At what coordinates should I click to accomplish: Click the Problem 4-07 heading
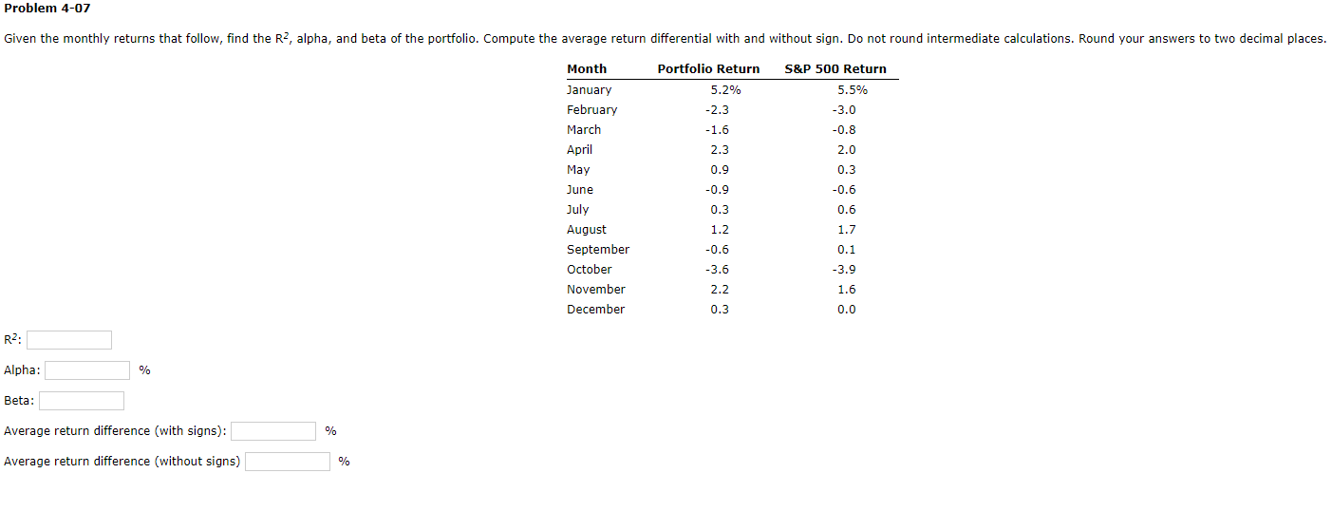[47, 9]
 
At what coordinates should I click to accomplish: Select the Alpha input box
[87, 370]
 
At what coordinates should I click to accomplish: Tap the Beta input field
[82, 401]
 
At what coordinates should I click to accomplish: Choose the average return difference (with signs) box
[273, 431]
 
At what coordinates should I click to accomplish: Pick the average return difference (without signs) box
[288, 462]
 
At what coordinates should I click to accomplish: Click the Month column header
[587, 68]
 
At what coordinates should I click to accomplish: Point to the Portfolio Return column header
[708, 68]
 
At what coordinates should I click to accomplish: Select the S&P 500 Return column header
[835, 68]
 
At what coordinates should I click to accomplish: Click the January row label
[589, 90]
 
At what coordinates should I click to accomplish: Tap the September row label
[598, 250]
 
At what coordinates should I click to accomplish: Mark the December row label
[595, 310]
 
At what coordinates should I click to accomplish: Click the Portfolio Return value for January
[725, 90]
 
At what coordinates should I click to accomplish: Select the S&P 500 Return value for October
[846, 270]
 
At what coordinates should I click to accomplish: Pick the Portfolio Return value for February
[718, 110]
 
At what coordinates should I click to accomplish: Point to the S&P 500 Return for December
[847, 310]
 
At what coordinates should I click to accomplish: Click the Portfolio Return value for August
[720, 230]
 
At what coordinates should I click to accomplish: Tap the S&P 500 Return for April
[847, 150]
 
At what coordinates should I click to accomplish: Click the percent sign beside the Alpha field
[144, 370]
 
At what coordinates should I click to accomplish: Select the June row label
[580, 190]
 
